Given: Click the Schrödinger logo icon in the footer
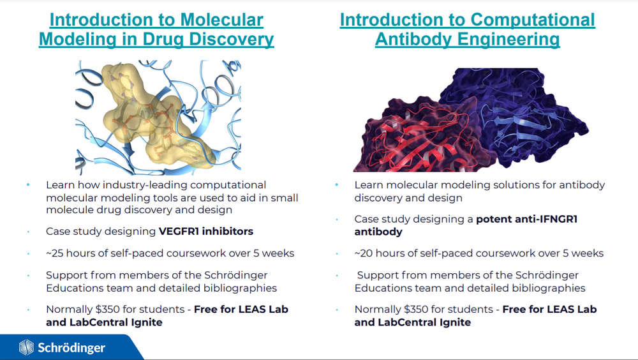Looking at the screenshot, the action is (26, 348).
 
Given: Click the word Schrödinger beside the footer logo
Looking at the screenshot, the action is (71, 348).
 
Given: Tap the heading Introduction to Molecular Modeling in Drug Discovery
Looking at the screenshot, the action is (156, 30).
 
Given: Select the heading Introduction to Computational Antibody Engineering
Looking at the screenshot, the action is (467, 30).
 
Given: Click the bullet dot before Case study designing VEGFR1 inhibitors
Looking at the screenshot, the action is (29, 231).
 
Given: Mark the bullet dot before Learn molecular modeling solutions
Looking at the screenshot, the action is (337, 185).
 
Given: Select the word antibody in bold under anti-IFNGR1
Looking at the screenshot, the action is (378, 232).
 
